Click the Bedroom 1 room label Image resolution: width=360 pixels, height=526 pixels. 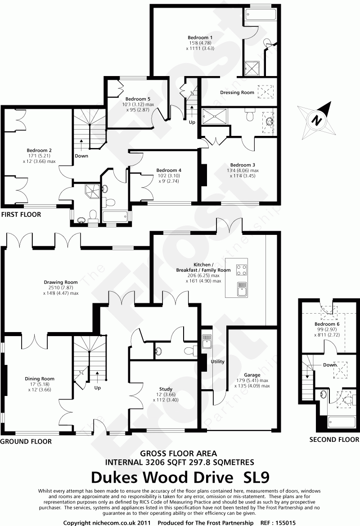200,37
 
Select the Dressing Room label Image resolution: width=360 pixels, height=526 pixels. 237,93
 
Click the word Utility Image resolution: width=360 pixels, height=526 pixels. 217,361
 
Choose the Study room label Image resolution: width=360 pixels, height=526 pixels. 166,389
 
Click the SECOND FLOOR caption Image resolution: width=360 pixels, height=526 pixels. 334,440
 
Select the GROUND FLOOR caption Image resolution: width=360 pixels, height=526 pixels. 26,441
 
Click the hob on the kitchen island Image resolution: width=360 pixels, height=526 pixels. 242,269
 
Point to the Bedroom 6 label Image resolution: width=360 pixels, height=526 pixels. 324,324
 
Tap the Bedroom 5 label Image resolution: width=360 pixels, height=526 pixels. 138,99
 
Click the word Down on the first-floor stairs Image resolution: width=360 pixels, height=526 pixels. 81,156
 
